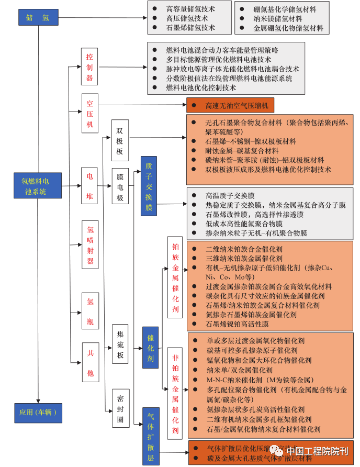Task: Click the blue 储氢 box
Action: pos(38,17)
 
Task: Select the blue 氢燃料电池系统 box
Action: pos(38,186)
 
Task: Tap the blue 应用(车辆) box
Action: pos(38,413)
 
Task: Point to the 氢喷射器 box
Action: pos(89,244)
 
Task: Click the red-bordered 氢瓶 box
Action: pos(89,310)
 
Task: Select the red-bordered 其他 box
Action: pos(89,362)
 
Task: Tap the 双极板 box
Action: pos(120,140)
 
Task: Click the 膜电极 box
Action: pos(120,186)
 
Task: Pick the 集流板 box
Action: pos(120,344)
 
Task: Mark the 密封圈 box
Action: pos(120,408)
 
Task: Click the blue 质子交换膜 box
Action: pos(149,186)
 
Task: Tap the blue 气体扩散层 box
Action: pos(150,436)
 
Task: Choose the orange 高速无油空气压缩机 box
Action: pos(230,105)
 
